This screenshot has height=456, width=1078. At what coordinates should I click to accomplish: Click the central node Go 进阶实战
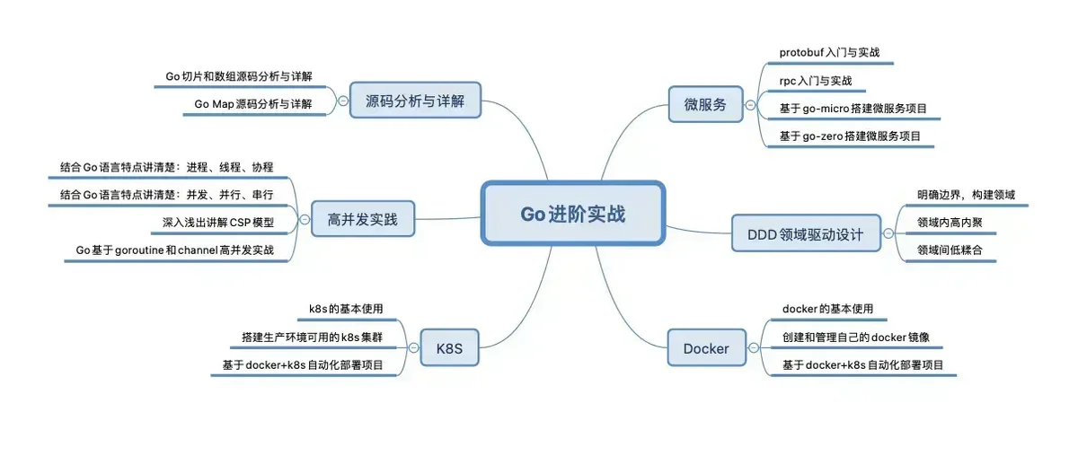(x=573, y=214)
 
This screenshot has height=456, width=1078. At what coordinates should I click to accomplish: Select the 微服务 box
(x=705, y=104)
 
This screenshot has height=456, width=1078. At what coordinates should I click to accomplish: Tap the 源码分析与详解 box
(x=415, y=100)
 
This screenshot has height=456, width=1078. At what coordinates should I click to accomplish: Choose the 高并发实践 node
(x=363, y=219)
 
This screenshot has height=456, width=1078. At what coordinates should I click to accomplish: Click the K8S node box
(x=449, y=347)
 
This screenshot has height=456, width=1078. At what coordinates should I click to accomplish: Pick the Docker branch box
(x=706, y=347)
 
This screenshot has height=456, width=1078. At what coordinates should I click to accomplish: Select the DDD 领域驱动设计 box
(x=806, y=233)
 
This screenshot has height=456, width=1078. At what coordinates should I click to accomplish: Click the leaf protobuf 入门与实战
(x=830, y=52)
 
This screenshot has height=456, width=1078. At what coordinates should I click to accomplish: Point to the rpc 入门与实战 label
(x=816, y=80)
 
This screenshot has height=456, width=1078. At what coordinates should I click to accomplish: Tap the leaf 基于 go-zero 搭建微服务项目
(x=850, y=136)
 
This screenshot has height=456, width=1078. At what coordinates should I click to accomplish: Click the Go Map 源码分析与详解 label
(x=253, y=104)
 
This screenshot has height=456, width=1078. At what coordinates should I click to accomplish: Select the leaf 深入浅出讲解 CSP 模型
(x=218, y=223)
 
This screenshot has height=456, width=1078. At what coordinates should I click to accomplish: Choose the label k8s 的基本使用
(x=346, y=309)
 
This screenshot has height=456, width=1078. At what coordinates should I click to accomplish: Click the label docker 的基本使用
(x=827, y=309)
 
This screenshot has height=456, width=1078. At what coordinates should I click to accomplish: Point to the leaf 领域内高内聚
(x=950, y=223)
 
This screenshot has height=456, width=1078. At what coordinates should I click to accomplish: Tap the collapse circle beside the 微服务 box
(x=750, y=105)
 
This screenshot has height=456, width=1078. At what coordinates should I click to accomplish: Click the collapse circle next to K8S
(x=413, y=347)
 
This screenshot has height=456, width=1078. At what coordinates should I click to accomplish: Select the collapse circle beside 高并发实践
(x=305, y=219)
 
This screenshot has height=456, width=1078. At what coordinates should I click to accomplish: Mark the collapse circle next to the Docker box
(x=754, y=347)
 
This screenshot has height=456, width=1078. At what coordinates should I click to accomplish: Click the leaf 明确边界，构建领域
(x=966, y=195)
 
